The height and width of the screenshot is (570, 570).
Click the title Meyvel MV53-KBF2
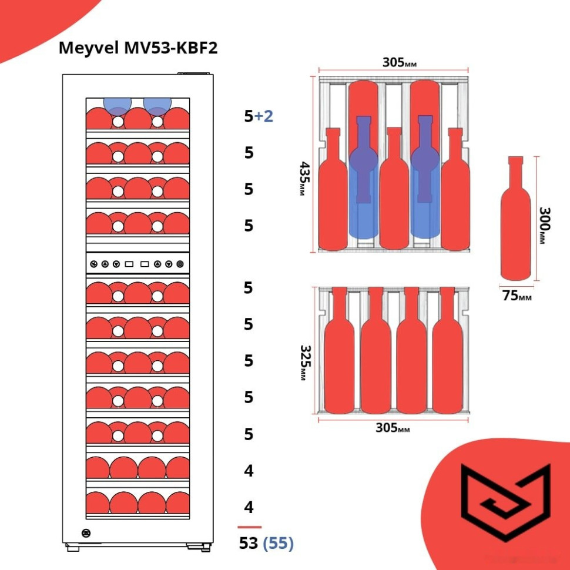coord(138,48)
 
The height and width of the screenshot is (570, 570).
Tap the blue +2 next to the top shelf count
coord(264,116)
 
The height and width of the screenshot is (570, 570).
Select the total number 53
coord(249,544)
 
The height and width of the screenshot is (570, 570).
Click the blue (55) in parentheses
coord(278,544)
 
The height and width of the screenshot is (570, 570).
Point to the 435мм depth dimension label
coord(303,179)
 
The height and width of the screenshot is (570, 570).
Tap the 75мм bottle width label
coord(517,296)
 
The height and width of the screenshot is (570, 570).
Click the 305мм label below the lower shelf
coord(393,428)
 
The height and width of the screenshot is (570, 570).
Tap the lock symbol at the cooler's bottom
coord(86,533)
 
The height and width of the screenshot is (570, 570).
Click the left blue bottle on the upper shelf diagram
coord(364,176)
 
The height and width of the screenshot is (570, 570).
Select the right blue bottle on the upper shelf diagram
coord(425,176)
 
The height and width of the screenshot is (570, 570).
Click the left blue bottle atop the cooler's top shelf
coord(116,105)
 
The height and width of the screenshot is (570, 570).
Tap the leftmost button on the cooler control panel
coord(93,264)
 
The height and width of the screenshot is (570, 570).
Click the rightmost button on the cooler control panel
coord(180,264)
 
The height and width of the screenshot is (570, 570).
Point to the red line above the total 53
coord(249,527)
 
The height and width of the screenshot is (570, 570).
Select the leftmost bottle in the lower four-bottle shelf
coord(339,353)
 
